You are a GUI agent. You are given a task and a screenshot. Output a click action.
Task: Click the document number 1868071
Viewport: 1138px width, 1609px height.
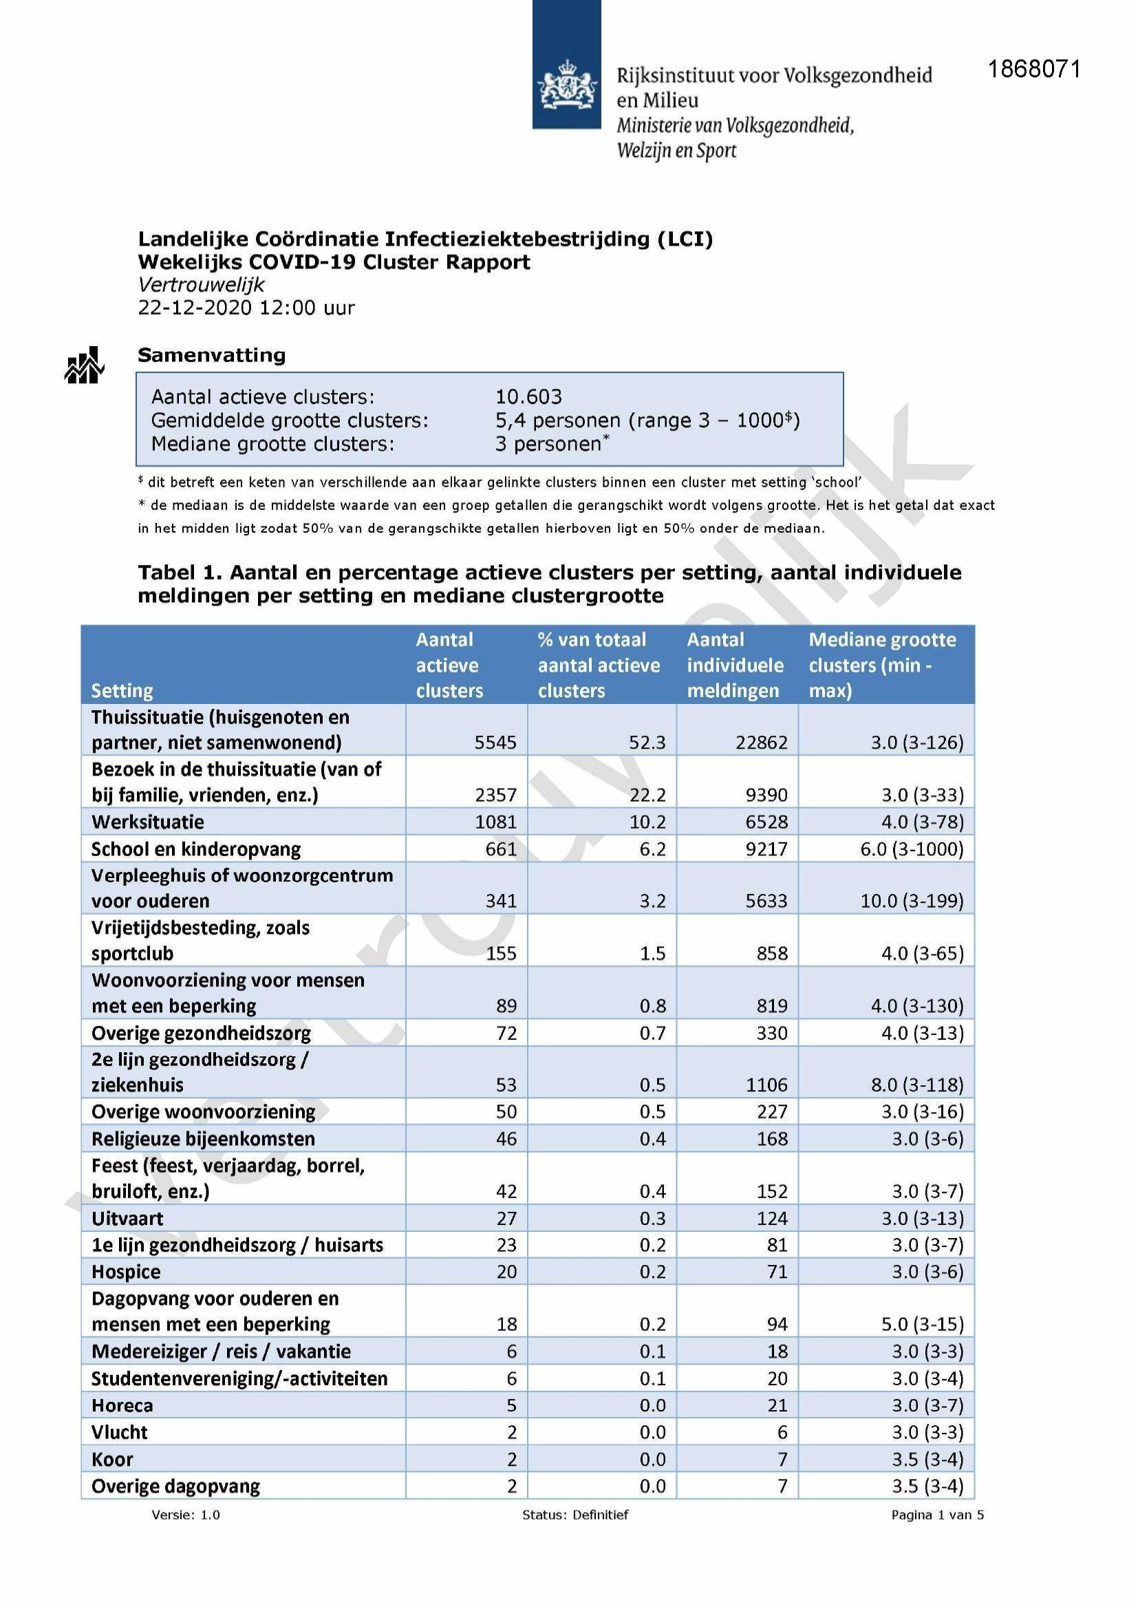(1033, 70)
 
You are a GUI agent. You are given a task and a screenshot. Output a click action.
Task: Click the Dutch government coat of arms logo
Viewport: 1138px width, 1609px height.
(566, 84)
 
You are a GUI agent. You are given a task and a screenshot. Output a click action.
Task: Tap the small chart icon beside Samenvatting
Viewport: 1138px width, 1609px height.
(84, 366)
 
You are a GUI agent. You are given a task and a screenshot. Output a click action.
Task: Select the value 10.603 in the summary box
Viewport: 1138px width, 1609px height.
(528, 396)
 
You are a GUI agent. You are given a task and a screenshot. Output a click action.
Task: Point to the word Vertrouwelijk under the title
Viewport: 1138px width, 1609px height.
(201, 284)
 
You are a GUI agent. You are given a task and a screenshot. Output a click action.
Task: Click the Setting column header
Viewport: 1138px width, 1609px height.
(122, 691)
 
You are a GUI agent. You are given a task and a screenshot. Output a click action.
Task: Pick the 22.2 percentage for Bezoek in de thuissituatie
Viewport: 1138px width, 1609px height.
(647, 795)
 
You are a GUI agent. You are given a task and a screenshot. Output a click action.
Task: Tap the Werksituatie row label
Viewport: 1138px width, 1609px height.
(147, 821)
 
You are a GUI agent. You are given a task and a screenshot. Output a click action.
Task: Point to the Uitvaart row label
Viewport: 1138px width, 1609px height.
(127, 1219)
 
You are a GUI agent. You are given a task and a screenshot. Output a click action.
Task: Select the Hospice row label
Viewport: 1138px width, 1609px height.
(126, 1272)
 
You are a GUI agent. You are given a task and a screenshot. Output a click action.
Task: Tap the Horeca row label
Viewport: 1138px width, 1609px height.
(122, 1405)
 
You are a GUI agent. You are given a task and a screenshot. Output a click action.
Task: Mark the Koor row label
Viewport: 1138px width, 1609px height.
(112, 1459)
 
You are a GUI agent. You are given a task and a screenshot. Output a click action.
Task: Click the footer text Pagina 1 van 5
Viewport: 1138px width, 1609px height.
(937, 1515)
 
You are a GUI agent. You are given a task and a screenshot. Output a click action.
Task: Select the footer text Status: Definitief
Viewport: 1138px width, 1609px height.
(575, 1515)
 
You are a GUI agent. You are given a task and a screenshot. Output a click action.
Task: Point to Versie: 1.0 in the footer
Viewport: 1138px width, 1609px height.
(186, 1515)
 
